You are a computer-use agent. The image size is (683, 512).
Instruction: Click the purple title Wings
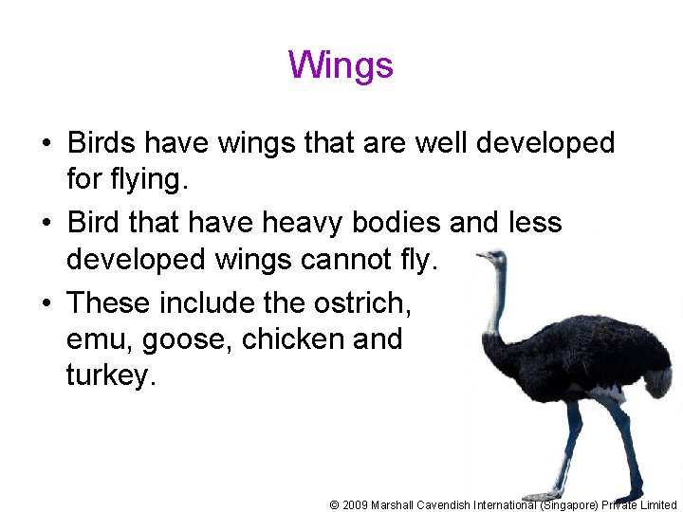(341, 65)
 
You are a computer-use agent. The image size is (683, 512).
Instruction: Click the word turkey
(110, 376)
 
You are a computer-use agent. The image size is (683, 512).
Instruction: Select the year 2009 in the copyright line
(355, 504)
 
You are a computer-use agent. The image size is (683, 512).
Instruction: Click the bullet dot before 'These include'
(46, 303)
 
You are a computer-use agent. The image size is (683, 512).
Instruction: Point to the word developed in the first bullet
(545, 143)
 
